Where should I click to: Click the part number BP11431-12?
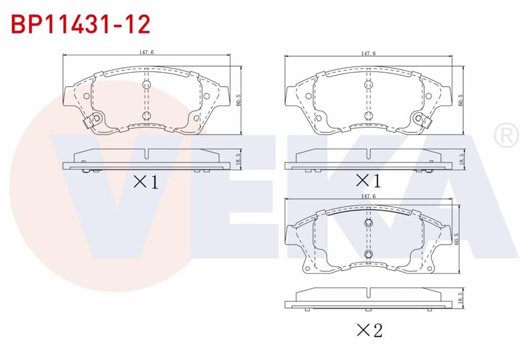(80, 24)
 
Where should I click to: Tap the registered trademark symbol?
(506, 135)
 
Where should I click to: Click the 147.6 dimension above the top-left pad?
(147, 52)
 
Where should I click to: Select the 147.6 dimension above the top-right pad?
(368, 53)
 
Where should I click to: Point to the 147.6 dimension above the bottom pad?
(368, 196)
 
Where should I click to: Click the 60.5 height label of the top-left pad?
(239, 100)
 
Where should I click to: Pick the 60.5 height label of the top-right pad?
(461, 100)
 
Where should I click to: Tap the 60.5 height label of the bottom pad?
(457, 239)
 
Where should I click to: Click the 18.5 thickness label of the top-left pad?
(238, 159)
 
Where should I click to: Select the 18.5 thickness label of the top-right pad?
(461, 159)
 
